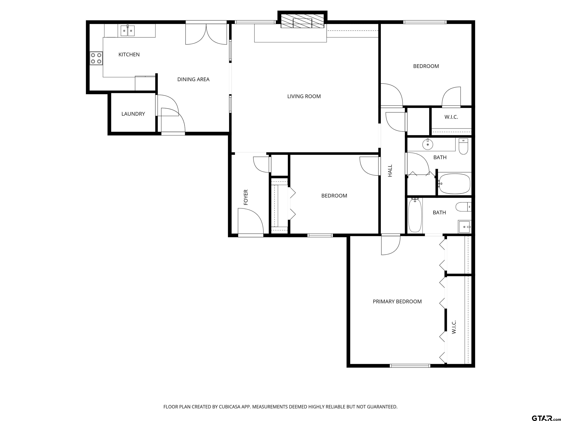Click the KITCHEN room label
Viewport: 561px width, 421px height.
[x=129, y=55]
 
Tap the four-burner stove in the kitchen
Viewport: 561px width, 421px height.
[x=96, y=58]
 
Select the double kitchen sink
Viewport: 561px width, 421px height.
[x=127, y=31]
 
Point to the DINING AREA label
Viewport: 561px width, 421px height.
[x=193, y=79]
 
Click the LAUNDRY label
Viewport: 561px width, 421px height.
[x=133, y=114]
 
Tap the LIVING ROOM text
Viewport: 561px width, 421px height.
[x=304, y=96]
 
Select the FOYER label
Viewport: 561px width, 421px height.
[x=245, y=197]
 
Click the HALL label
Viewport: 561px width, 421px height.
[x=390, y=170]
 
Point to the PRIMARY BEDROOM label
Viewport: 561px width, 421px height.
[x=397, y=301]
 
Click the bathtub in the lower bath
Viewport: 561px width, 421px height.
[x=415, y=215]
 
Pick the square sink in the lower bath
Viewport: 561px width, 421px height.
[x=465, y=227]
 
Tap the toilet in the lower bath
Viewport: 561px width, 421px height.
[x=463, y=207]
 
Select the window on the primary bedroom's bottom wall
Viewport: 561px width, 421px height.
[x=410, y=366]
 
